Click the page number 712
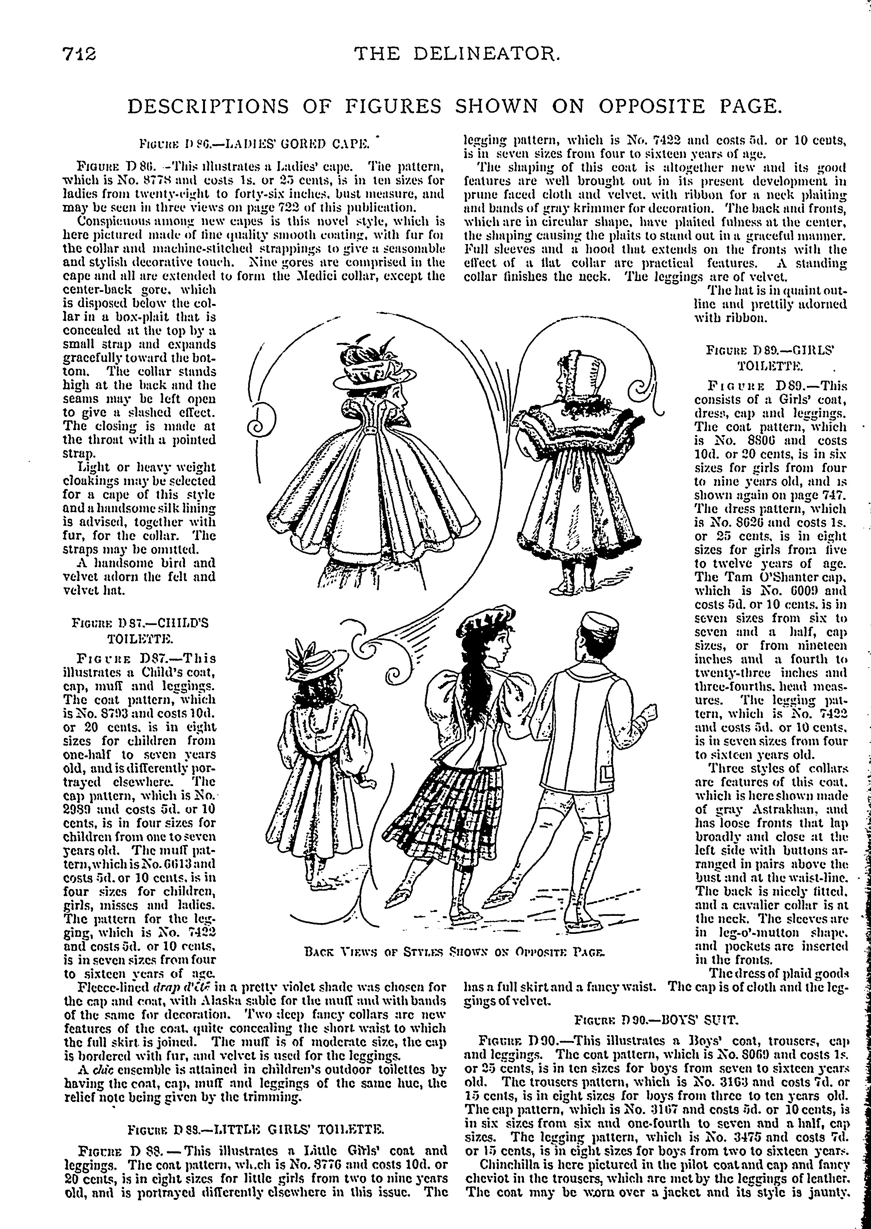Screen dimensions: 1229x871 coord(78,54)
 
